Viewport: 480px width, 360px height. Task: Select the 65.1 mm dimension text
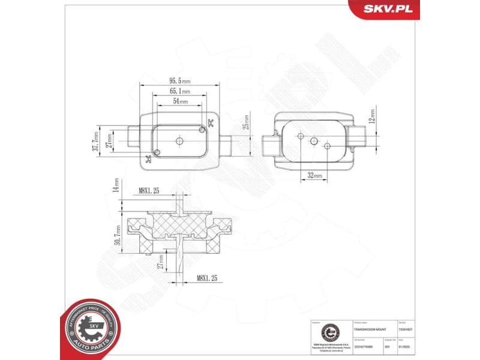(179, 91)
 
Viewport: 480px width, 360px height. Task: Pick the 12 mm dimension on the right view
(373, 116)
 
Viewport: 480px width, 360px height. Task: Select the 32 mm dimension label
(314, 176)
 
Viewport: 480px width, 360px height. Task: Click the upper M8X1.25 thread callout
(148, 191)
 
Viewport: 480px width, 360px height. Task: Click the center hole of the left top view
(179, 140)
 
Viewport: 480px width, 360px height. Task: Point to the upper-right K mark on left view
(209, 124)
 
